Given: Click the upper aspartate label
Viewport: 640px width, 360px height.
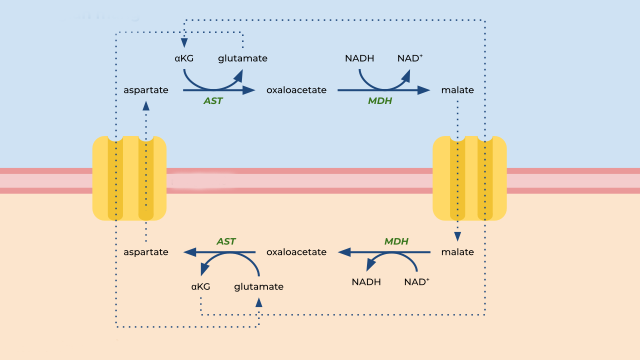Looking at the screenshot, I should (x=146, y=90).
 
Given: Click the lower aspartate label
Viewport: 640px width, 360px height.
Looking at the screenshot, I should (x=146, y=253).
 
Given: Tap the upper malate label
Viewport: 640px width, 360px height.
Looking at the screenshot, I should (x=457, y=90).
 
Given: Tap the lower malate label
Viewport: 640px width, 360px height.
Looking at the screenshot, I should (x=457, y=253).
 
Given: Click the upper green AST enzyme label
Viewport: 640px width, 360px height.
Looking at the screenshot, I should (x=213, y=102).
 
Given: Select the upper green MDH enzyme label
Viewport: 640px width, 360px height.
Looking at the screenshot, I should (x=380, y=102).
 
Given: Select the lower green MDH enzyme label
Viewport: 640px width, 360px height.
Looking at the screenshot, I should (x=397, y=241).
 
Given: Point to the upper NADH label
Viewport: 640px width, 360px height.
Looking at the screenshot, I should (x=359, y=58).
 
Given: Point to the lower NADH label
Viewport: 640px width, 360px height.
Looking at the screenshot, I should (x=367, y=281).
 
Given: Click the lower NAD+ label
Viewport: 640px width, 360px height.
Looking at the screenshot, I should (x=417, y=281).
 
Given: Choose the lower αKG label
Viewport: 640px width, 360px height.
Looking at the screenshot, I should (x=201, y=286).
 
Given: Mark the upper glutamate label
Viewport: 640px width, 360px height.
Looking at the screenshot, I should (x=243, y=58).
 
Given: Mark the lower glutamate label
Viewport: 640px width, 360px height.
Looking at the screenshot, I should (x=259, y=286).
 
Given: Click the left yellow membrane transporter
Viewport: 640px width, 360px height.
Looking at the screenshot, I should (x=129, y=179).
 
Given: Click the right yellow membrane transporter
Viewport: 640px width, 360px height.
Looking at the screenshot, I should (x=469, y=179).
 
